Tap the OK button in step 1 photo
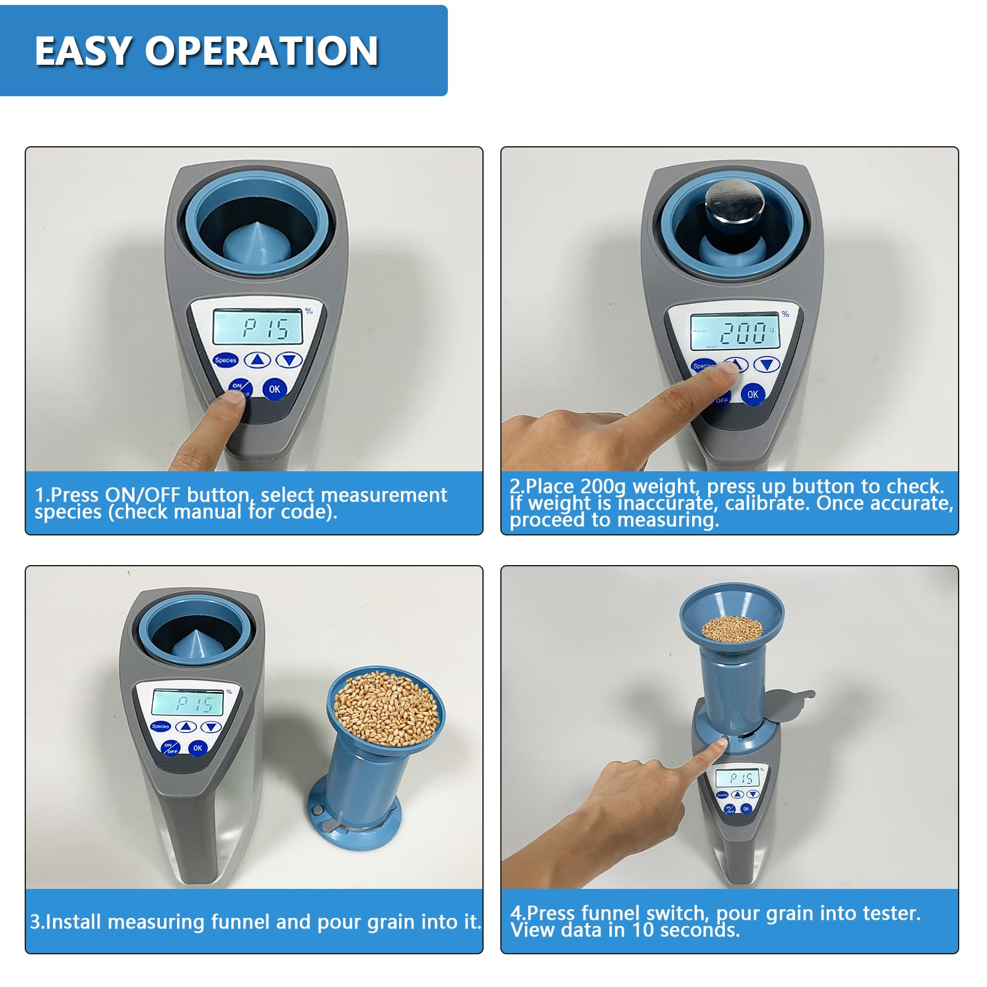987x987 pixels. click(275, 389)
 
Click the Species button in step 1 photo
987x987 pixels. click(226, 360)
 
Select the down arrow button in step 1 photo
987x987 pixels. click(289, 360)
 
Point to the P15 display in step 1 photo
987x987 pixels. click(258, 328)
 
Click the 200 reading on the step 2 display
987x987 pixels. click(743, 333)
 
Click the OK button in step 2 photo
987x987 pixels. click(753, 394)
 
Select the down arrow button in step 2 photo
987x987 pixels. click(767, 365)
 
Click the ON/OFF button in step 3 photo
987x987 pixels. click(170, 748)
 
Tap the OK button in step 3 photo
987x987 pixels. click(197, 748)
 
